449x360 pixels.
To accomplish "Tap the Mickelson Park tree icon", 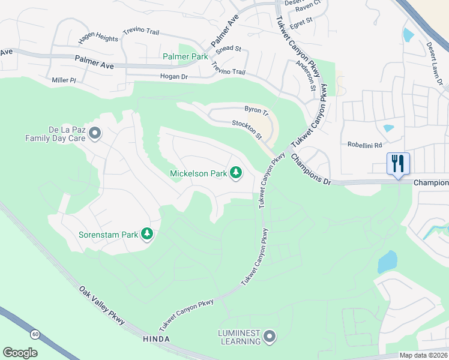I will click(236, 173).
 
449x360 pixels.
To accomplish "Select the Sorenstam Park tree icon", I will click(147, 234).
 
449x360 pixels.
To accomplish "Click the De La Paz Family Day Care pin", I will click(94, 133).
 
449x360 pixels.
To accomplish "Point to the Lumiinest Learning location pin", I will click(270, 337).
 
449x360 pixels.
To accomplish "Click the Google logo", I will click(20, 353).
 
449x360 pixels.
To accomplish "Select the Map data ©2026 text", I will click(423, 355).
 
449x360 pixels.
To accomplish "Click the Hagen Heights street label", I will click(98, 38).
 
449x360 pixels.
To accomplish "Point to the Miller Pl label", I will click(64, 80).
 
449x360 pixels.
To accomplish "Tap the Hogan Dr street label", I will click(174, 77).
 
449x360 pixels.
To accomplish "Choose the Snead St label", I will click(228, 49).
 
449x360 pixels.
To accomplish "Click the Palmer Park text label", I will click(185, 56).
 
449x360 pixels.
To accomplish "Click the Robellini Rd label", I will click(364, 145).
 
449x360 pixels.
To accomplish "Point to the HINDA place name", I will click(156, 339).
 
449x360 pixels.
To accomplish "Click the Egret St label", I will click(301, 20).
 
